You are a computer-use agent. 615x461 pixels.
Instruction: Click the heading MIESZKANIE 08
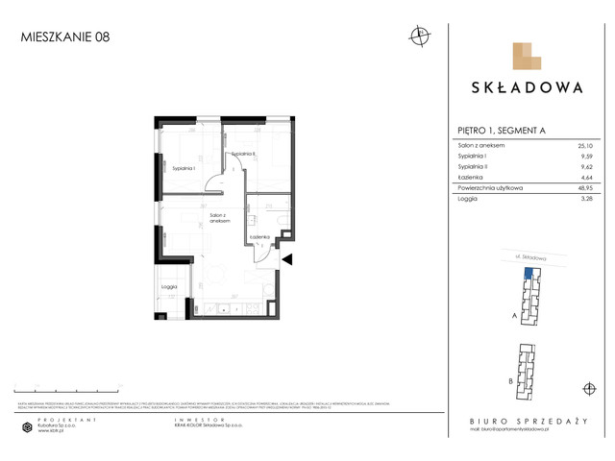click(x=65, y=38)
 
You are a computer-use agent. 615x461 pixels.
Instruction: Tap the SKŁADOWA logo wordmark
click(x=527, y=87)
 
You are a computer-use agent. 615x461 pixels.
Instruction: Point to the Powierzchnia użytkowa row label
click(x=490, y=189)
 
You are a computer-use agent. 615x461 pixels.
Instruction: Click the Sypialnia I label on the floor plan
click(x=184, y=169)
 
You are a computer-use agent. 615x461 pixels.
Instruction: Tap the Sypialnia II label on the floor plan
click(x=242, y=154)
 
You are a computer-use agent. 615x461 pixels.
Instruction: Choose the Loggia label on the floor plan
click(x=170, y=286)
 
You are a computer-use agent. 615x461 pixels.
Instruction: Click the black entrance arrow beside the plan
click(x=286, y=258)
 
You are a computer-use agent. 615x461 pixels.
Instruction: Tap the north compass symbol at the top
click(x=419, y=36)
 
